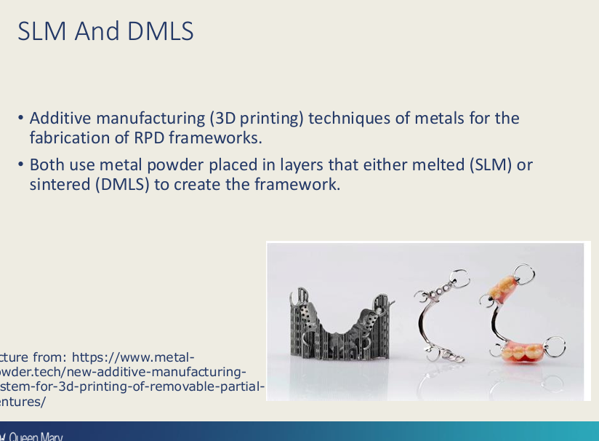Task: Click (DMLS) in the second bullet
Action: click(x=122, y=184)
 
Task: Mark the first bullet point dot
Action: click(x=22, y=118)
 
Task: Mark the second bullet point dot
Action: click(x=22, y=165)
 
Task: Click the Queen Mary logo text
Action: click(x=33, y=437)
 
